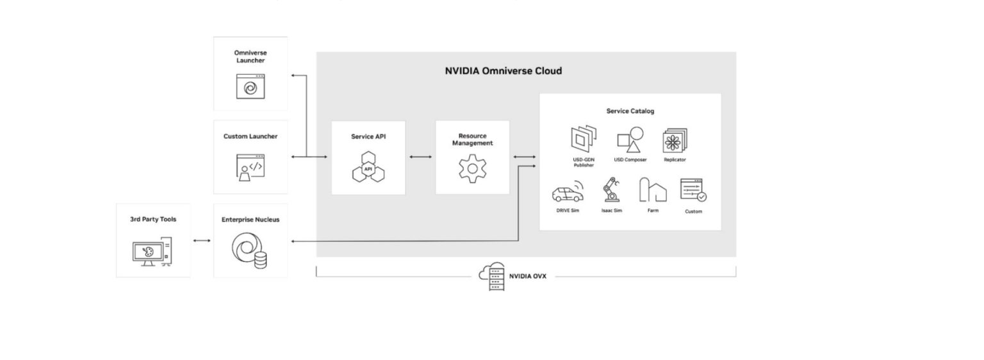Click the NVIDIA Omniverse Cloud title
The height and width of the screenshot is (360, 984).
pyautogui.click(x=503, y=70)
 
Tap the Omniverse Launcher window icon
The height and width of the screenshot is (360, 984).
pyautogui.click(x=250, y=86)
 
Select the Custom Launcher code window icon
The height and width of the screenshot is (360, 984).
pyautogui.click(x=250, y=167)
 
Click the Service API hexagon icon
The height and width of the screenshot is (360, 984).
pyautogui.click(x=368, y=168)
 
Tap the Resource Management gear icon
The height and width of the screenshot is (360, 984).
pyautogui.click(x=472, y=169)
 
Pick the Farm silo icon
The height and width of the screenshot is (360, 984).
pyautogui.click(x=652, y=190)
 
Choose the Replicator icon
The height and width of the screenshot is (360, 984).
pyautogui.click(x=675, y=140)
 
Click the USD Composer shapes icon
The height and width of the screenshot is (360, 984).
pyautogui.click(x=630, y=139)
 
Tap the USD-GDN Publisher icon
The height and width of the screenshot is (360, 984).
pyautogui.click(x=584, y=139)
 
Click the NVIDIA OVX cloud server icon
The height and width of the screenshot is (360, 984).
pyautogui.click(x=492, y=277)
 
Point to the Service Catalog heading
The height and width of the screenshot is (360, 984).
pyautogui.click(x=630, y=111)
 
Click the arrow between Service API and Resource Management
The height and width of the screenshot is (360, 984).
pyautogui.click(x=420, y=156)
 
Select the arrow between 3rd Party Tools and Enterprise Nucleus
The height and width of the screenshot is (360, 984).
pyautogui.click(x=202, y=241)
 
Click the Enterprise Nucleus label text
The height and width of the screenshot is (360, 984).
pyautogui.click(x=250, y=220)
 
